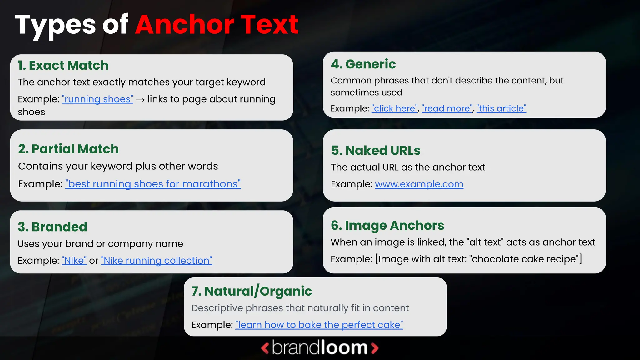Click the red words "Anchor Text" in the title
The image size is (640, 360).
pyautogui.click(x=217, y=25)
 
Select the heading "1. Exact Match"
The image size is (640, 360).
pyautogui.click(x=63, y=66)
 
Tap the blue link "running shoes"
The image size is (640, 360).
pyautogui.click(x=97, y=99)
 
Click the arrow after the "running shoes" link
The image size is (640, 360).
pyautogui.click(x=140, y=100)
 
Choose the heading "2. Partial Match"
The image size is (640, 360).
pyautogui.click(x=68, y=149)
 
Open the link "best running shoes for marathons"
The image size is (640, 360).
pyautogui.click(x=153, y=184)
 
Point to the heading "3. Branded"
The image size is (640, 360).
pyautogui.click(x=52, y=227)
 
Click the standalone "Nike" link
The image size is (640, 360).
pyautogui.click(x=74, y=261)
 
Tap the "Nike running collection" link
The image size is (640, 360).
pyautogui.click(x=157, y=261)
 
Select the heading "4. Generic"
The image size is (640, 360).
pyautogui.click(x=363, y=64)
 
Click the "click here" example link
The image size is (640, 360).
pyautogui.click(x=395, y=108)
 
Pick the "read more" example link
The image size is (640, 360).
pyautogui.click(x=447, y=108)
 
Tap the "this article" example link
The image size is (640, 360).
pyautogui.click(x=501, y=108)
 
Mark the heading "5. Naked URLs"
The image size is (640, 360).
pyautogui.click(x=376, y=151)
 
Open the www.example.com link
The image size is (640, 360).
pyautogui.click(x=419, y=184)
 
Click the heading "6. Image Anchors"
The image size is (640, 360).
pyautogui.click(x=387, y=226)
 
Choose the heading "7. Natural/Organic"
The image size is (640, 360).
pyautogui.click(x=252, y=291)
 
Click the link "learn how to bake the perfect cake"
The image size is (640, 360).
pyautogui.click(x=319, y=325)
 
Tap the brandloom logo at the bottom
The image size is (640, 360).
pyautogui.click(x=320, y=348)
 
